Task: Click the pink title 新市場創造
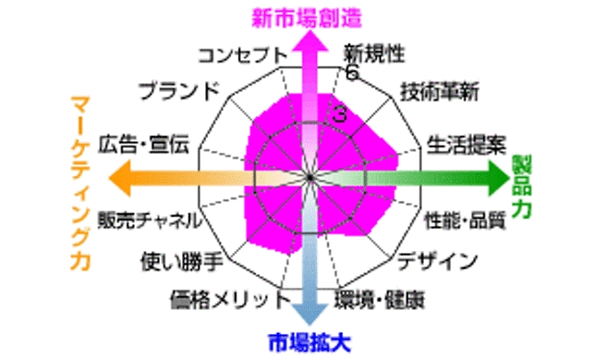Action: [x=306, y=18]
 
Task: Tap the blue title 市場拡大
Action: [x=310, y=342]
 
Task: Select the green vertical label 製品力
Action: [x=521, y=187]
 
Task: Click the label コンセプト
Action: [x=243, y=55]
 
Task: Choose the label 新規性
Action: [x=374, y=53]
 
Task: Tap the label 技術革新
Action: [x=439, y=92]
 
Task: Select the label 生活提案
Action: [x=467, y=145]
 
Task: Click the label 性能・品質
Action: [x=465, y=221]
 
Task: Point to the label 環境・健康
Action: [x=379, y=299]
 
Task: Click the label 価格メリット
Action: [x=230, y=300]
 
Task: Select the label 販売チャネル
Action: [x=150, y=220]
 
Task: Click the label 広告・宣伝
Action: [x=143, y=144]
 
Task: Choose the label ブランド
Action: [x=179, y=91]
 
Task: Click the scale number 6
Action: [x=352, y=72]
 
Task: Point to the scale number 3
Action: [x=339, y=114]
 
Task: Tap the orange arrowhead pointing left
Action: [x=120, y=178]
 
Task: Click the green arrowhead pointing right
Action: [x=500, y=178]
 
